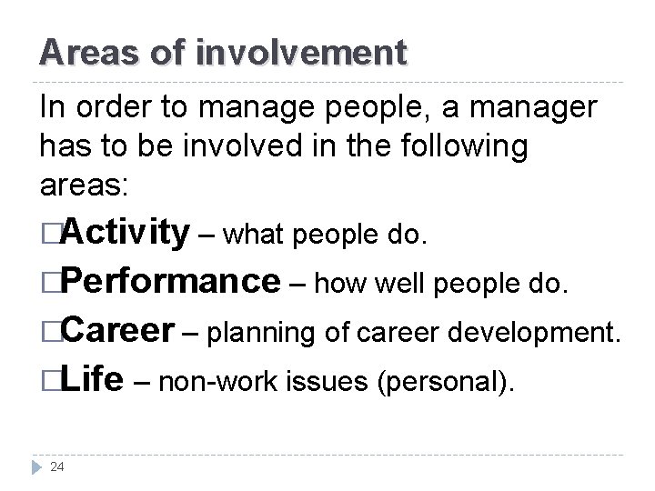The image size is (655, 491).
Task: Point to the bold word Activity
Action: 128,235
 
